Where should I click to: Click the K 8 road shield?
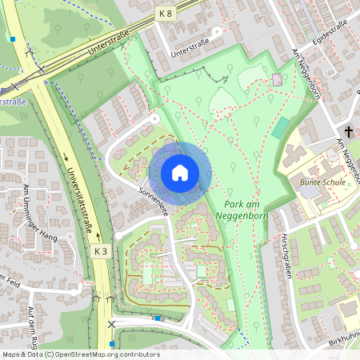tap(166, 14)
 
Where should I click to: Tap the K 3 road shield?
tap(100, 250)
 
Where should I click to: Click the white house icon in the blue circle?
tap(180, 172)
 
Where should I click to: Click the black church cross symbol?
tap(349, 130)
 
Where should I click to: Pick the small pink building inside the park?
tap(277, 80)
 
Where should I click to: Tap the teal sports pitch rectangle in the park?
tap(281, 126)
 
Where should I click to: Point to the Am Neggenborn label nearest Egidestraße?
tap(307, 74)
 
